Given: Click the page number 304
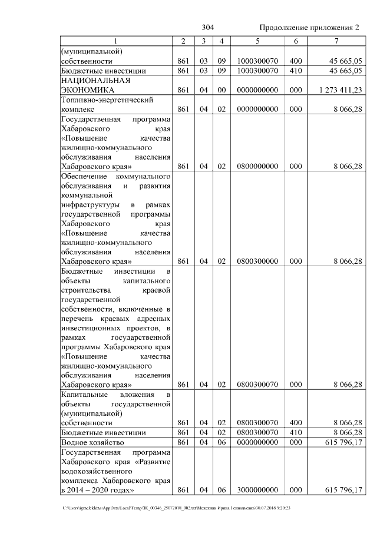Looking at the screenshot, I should coord(207,28).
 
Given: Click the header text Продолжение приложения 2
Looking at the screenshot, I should coord(309,28).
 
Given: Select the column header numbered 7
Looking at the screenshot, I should coord(336,41).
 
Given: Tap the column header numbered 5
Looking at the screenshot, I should coord(257,41).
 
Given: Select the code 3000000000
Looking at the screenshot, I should coord(257,489).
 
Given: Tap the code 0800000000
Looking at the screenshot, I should coord(257,167).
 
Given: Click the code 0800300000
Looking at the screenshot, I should coord(257,261).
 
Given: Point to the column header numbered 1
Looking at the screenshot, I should coord(116,41).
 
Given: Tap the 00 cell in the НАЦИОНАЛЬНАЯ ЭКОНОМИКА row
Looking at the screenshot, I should coord(221,90).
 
